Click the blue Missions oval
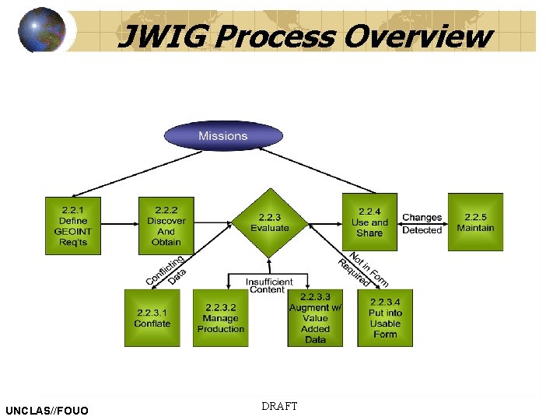(x=222, y=136)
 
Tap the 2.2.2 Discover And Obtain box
(x=166, y=226)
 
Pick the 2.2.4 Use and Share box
(x=369, y=222)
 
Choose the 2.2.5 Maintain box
(x=475, y=222)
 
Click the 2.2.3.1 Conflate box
(x=152, y=318)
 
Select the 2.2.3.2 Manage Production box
(x=220, y=318)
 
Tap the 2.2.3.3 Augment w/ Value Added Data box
(x=315, y=318)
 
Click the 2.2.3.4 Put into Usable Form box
(x=385, y=318)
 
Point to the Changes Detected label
(x=422, y=224)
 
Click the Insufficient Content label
(x=269, y=285)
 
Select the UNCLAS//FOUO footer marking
(x=47, y=410)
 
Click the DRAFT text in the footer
(x=279, y=406)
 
